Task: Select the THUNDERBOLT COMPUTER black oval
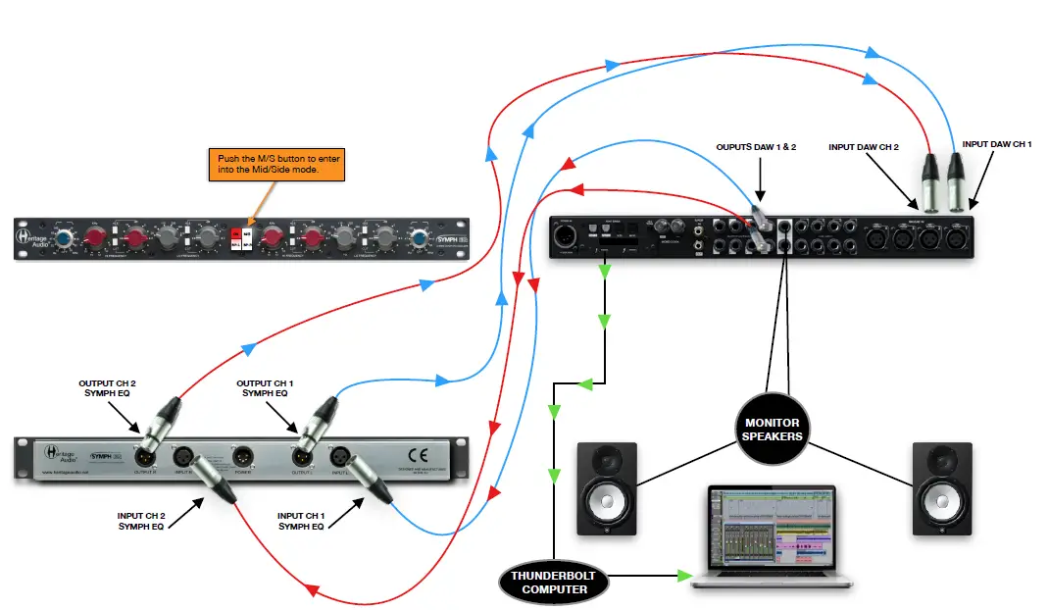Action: (x=554, y=583)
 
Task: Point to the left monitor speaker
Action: (x=607, y=488)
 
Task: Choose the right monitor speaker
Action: (x=942, y=488)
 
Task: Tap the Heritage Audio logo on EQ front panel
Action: (x=31, y=235)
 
